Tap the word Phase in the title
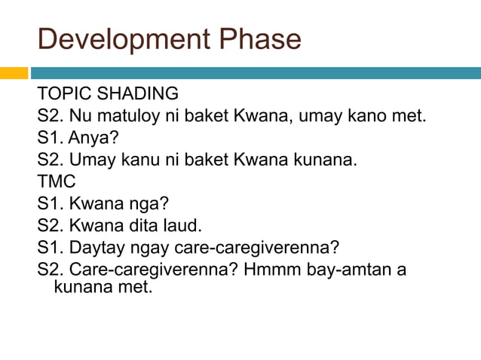(265, 38)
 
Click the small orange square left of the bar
(14, 73)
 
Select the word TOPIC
(62, 94)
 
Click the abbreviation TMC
(57, 182)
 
